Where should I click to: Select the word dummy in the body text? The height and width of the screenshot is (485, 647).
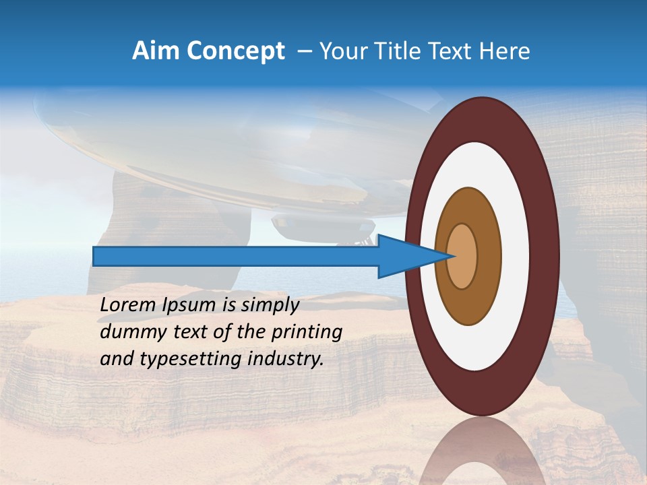click(125, 332)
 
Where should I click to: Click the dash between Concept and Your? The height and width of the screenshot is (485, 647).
click(304, 52)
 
